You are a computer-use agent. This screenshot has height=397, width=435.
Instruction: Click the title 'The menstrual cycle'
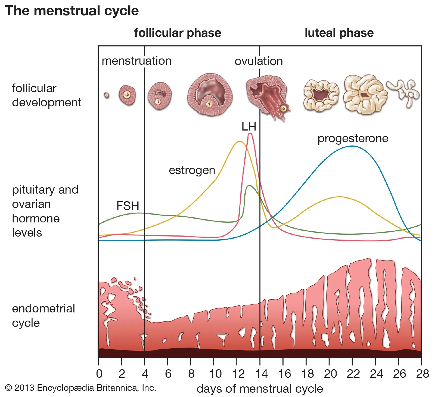click(x=72, y=11)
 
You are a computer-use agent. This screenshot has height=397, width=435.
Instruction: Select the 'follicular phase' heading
click(x=178, y=33)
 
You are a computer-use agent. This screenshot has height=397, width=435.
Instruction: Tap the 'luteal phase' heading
click(x=339, y=33)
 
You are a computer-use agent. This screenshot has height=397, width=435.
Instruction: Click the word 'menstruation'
click(x=136, y=61)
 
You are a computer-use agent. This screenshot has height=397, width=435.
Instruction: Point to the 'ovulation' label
click(x=259, y=61)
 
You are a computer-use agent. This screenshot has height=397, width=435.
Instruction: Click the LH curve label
click(x=249, y=127)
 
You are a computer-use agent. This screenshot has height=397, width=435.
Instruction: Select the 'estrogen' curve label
click(x=192, y=170)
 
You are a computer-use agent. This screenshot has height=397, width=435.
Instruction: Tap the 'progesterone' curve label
click(x=353, y=138)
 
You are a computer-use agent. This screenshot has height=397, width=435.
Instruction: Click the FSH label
click(x=128, y=206)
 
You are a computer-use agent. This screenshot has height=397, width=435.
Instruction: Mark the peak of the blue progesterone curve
click(x=352, y=146)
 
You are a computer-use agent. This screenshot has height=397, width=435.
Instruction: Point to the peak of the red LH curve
click(x=250, y=133)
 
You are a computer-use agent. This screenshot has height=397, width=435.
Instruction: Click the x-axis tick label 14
click(x=261, y=374)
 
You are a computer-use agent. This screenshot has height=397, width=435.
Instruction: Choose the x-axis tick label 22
click(x=353, y=374)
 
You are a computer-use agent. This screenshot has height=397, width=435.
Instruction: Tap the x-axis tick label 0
click(x=99, y=374)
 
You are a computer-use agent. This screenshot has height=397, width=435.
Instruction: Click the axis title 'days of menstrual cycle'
click(x=260, y=389)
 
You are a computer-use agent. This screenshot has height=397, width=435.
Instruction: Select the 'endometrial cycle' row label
click(x=43, y=316)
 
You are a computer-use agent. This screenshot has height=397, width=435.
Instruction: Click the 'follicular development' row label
click(x=46, y=95)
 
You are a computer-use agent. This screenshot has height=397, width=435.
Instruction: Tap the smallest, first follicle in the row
click(x=107, y=95)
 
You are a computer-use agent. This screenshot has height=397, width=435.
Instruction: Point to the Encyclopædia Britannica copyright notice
click(x=80, y=387)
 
